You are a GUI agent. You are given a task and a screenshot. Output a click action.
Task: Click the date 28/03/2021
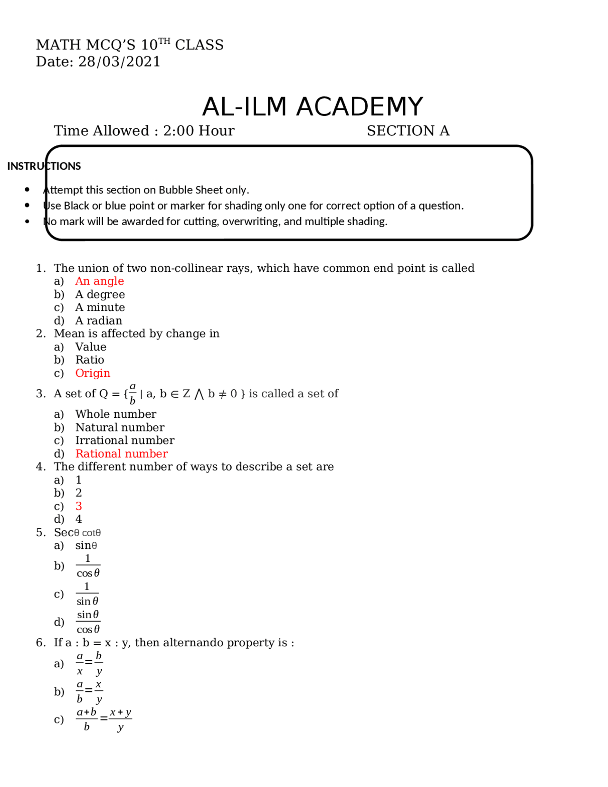click(x=119, y=62)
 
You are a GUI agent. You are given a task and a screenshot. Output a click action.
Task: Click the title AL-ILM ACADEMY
click(x=312, y=106)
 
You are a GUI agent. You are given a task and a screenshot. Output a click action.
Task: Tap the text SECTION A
click(x=408, y=131)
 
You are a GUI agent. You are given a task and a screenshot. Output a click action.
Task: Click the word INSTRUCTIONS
click(x=44, y=166)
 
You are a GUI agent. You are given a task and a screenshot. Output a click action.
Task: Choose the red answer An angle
click(x=99, y=281)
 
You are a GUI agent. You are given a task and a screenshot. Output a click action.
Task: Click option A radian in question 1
click(x=98, y=321)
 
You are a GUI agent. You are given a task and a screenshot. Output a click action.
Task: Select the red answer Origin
click(x=93, y=373)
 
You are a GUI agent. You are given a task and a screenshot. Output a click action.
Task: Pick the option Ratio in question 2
click(x=89, y=360)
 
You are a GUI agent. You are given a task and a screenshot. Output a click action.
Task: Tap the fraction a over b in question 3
click(x=133, y=393)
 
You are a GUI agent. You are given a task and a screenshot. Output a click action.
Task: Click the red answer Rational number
click(x=122, y=454)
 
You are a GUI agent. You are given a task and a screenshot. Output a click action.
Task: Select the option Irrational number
click(x=124, y=441)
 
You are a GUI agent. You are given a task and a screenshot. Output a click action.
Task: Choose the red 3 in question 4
click(x=79, y=506)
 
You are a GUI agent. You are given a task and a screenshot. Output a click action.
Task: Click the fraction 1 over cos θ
click(x=88, y=566)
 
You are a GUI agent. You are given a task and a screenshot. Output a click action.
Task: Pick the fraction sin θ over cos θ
click(x=88, y=622)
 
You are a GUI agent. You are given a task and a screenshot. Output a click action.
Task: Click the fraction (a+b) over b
click(x=87, y=720)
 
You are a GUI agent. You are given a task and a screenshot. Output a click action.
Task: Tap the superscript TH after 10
click(x=164, y=41)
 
